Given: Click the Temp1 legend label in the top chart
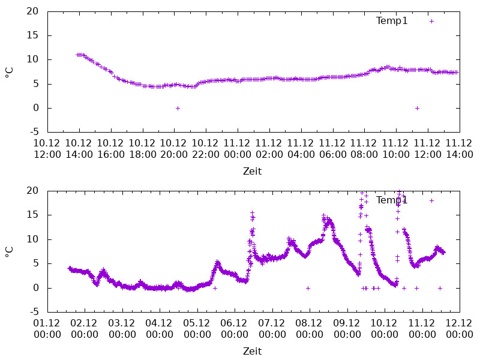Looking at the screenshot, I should tap(392, 21).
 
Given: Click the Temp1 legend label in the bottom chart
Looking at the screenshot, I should tap(392, 200).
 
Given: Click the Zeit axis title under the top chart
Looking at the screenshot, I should tap(252, 171).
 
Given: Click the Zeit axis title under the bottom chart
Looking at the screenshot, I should tap(252, 351).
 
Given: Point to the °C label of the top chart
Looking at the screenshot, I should tap(9, 72).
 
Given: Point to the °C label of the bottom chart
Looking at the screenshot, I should tap(9, 251).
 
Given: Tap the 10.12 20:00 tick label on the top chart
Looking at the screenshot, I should tap(174, 148).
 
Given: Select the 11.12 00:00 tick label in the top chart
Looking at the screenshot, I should tap(237, 148).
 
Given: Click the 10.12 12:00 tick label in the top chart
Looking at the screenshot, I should tap(47, 148).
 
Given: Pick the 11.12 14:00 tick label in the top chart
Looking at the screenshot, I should tap(460, 148).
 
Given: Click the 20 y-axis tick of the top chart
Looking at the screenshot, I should tap(33, 11).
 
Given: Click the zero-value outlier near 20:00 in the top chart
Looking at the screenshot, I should tap(178, 108).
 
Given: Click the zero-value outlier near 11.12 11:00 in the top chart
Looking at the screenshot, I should tap(417, 108).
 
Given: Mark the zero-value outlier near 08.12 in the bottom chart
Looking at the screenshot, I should tap(308, 288).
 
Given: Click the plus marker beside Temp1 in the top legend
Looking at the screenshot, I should tap(431, 21).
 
